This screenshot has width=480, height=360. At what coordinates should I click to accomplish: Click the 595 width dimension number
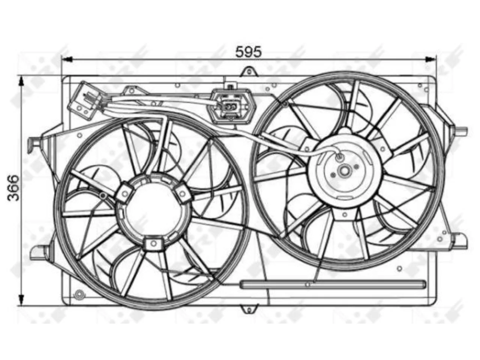point(248,52)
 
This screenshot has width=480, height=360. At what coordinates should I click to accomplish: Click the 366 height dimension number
point(13,187)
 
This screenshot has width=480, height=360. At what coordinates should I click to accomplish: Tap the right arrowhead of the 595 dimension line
point(430,59)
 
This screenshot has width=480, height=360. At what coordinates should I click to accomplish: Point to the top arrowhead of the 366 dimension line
point(21,82)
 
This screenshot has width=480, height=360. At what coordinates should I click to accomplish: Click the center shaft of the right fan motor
point(344,171)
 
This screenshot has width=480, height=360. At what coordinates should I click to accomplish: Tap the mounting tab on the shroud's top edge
point(249,72)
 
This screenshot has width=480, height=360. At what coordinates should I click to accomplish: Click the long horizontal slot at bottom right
point(333,284)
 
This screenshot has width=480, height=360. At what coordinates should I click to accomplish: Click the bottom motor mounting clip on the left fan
point(153,243)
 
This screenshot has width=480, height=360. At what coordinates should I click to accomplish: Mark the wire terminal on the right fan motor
point(339,156)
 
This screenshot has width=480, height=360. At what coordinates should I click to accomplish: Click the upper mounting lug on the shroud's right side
point(460,132)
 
